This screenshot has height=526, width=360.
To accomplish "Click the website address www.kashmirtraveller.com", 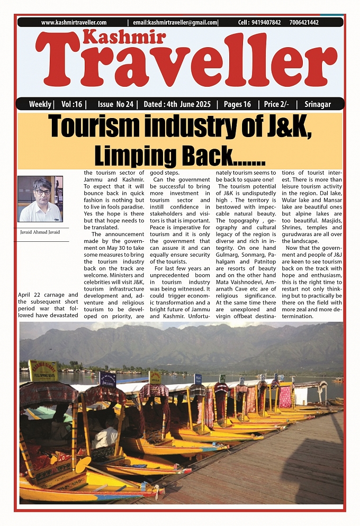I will pyautogui.click(x=74, y=23).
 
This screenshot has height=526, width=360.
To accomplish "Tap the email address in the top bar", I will pyautogui.click(x=175, y=23).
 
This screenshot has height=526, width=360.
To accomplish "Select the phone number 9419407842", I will pyautogui.click(x=267, y=23).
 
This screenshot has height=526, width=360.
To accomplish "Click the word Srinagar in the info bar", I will pyautogui.click(x=318, y=104).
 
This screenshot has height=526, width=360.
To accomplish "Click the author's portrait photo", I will pyautogui.click(x=40, y=199).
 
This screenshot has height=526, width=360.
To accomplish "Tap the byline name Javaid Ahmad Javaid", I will pyautogui.click(x=40, y=232).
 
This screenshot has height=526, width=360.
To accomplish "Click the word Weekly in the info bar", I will pyautogui.click(x=40, y=104).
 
